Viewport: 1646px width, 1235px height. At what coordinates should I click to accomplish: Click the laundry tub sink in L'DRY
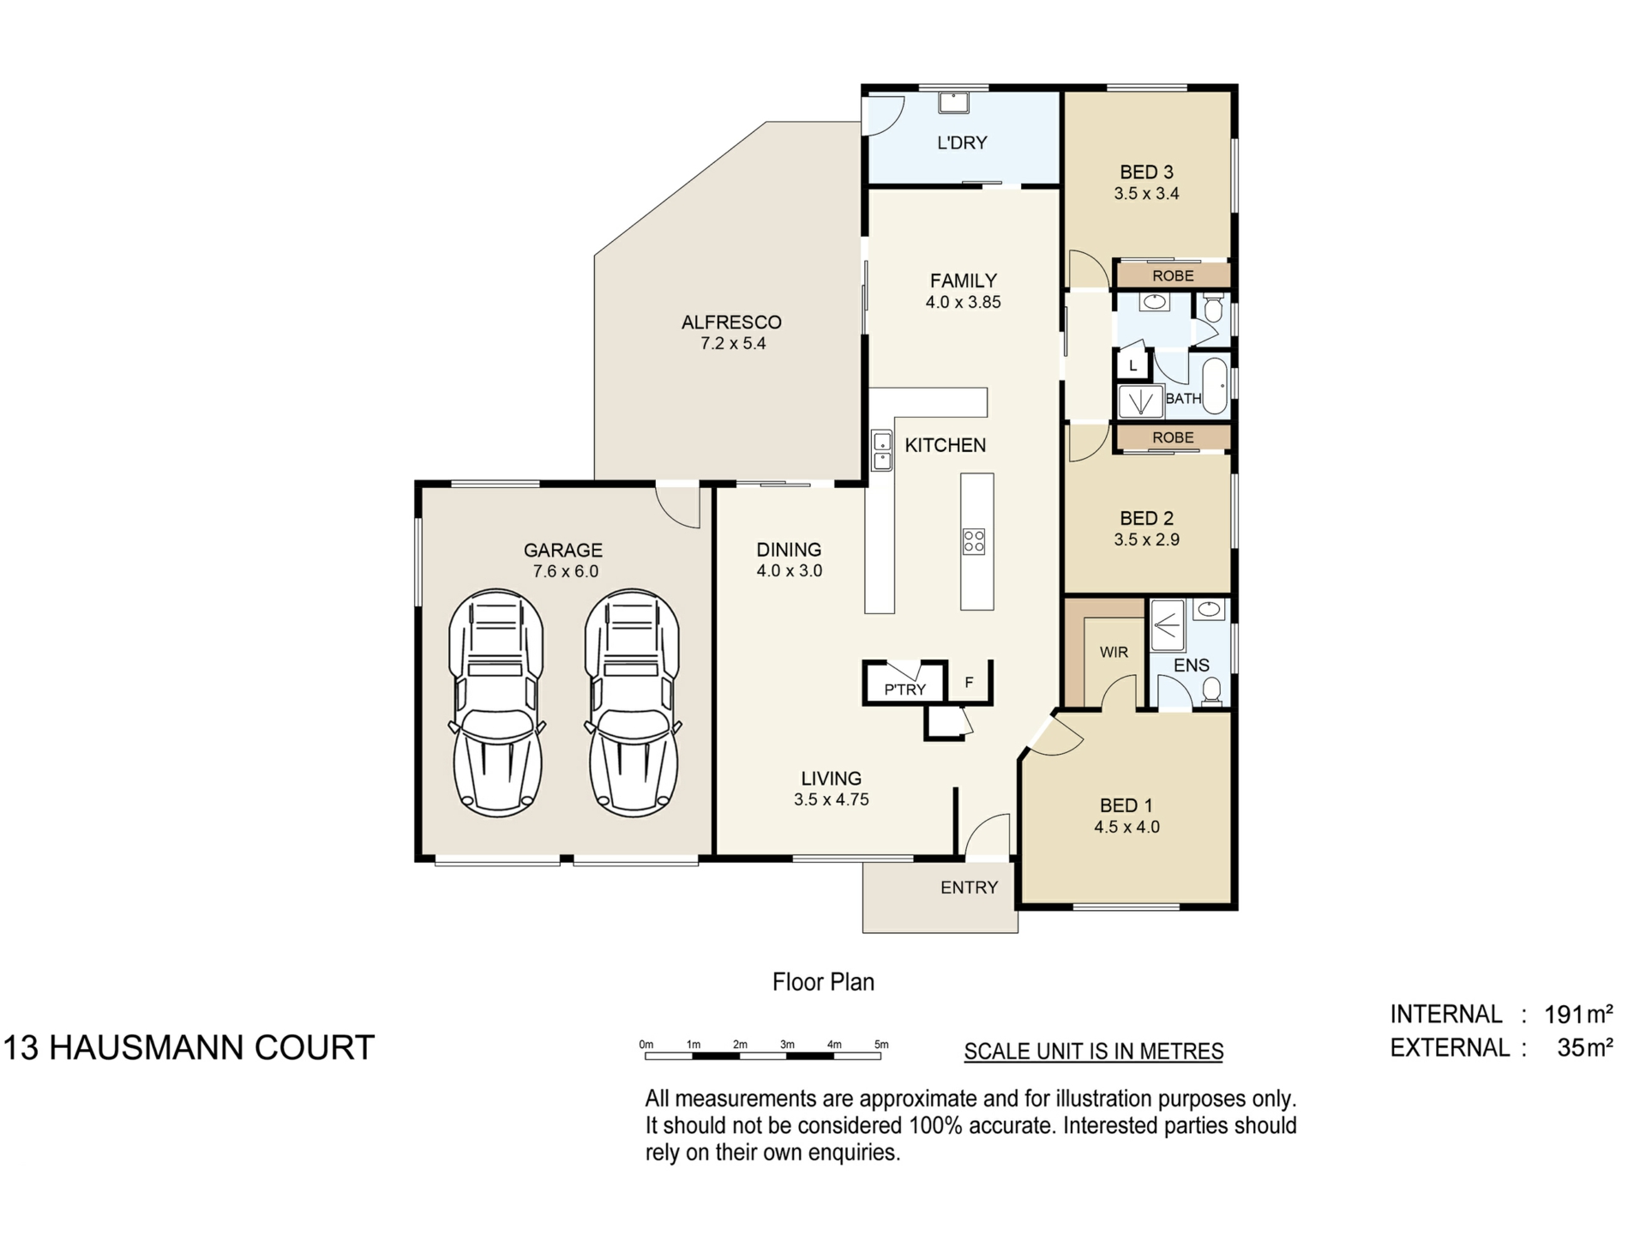click(953, 102)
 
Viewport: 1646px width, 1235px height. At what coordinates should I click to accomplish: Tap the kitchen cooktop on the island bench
click(974, 541)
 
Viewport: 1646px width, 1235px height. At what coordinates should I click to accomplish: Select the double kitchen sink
click(881, 451)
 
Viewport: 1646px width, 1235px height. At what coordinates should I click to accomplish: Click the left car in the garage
click(496, 702)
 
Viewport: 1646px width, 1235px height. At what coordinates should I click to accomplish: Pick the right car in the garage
click(633, 702)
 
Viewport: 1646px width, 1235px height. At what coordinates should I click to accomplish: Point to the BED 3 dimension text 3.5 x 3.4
click(1146, 194)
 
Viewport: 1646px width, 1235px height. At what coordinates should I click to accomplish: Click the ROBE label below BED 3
click(1173, 276)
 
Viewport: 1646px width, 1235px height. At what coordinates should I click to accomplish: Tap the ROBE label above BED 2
click(1173, 437)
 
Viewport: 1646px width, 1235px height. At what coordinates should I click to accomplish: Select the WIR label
click(1114, 653)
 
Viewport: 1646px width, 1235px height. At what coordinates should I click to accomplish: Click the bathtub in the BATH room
click(1215, 386)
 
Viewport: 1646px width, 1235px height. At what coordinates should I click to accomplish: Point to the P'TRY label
click(905, 690)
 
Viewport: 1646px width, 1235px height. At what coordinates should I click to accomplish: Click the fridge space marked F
click(970, 683)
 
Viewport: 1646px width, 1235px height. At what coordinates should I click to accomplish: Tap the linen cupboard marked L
click(1132, 365)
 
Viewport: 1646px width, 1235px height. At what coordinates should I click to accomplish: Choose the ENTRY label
click(970, 888)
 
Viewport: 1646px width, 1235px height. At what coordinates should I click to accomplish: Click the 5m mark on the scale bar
click(881, 1045)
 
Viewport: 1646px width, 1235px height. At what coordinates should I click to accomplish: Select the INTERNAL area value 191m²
click(1579, 1015)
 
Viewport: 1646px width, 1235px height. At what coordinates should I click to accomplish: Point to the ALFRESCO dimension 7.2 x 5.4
click(733, 344)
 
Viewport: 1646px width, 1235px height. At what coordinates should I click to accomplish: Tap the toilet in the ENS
click(1211, 690)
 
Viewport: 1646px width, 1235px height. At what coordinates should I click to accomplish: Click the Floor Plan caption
click(823, 982)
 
